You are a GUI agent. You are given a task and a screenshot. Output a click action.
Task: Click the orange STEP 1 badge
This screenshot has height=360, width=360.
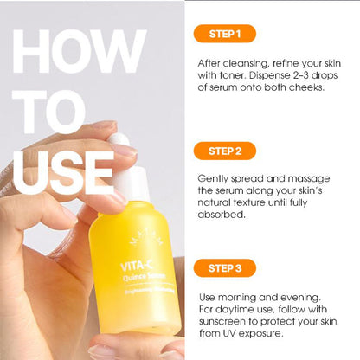click(224, 34)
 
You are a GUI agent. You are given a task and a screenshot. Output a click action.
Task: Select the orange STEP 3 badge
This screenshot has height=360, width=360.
click(225, 267)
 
